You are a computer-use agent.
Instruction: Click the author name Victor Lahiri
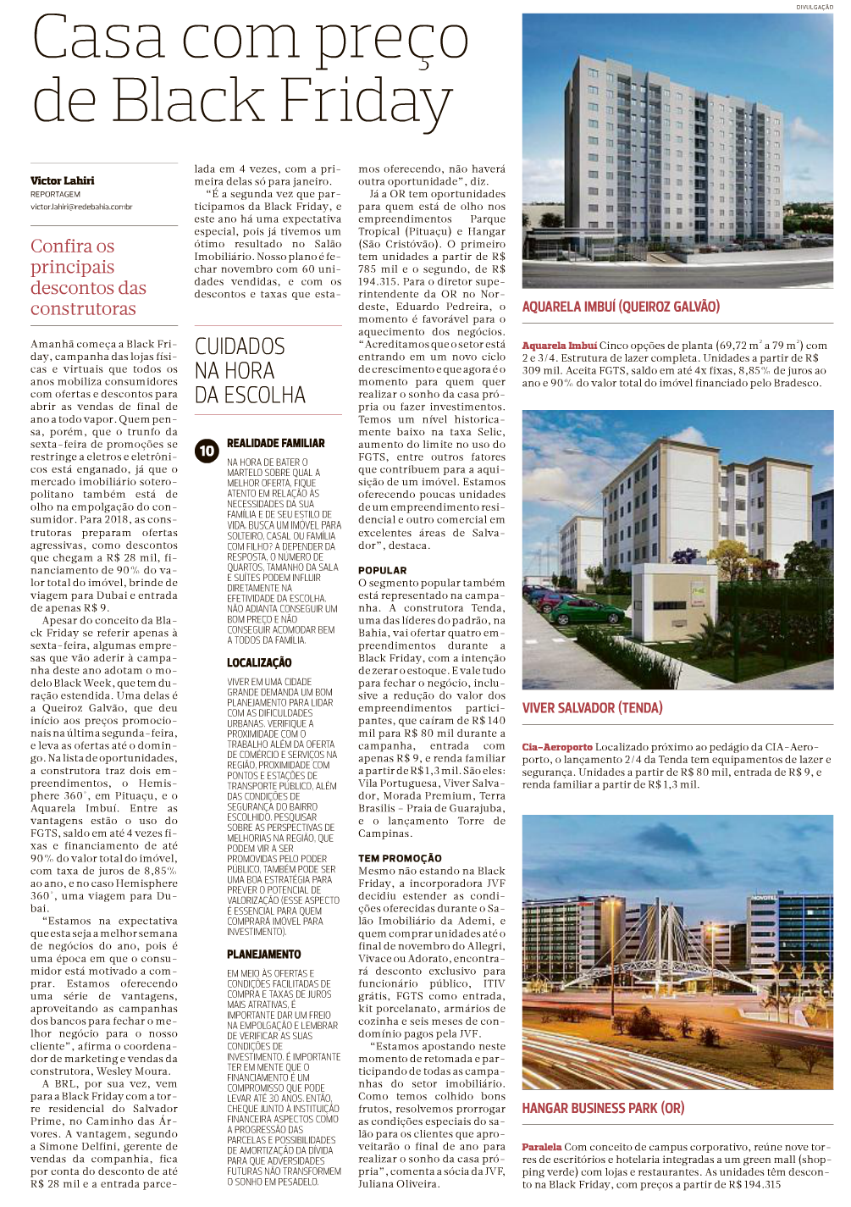pos(62,180)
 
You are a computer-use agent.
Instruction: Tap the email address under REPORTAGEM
pos(81,207)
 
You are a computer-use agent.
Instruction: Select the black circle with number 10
pos(207,451)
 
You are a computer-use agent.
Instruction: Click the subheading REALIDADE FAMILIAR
pos(275,443)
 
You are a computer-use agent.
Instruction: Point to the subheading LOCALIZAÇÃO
pos(259,662)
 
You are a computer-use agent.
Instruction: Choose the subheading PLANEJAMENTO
pos(263,954)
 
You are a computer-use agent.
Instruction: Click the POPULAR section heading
pos(382,570)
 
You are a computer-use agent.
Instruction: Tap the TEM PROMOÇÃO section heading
pos(400,858)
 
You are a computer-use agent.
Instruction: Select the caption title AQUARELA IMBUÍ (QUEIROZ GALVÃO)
pos(621,307)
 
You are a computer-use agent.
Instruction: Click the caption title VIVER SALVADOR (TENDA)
pos(592,708)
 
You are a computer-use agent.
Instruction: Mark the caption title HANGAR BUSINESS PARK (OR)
pos(603,1108)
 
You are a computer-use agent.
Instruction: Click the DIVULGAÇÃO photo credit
pos(814,7)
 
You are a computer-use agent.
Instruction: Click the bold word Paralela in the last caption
pos(542,1147)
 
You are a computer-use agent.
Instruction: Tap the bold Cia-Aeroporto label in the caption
pos(557,747)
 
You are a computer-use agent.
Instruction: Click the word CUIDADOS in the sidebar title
pos(240,346)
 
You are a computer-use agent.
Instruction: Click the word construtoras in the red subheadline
pos(83,309)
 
